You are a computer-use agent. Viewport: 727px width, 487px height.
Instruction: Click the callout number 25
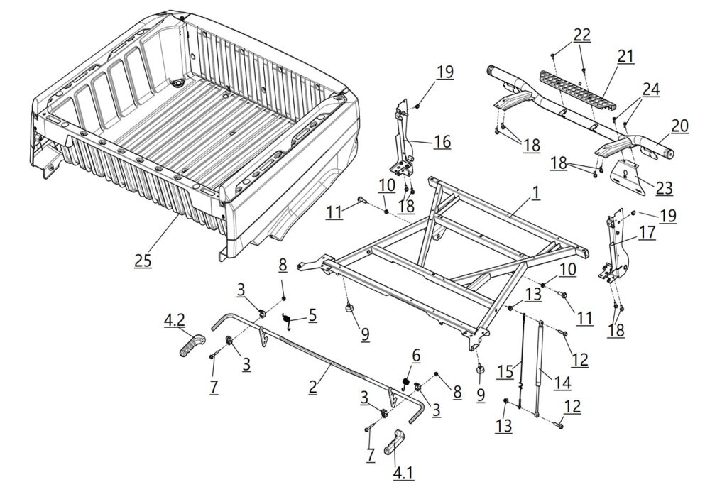coord(143,260)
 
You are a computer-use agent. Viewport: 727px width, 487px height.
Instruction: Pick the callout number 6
coord(416,354)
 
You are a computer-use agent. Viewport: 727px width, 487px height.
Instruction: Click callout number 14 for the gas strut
coord(562,383)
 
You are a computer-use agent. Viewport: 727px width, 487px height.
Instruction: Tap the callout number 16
coord(442,142)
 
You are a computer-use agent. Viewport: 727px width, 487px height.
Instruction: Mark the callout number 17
coord(647,232)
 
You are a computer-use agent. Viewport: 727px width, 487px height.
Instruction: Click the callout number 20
coord(679,126)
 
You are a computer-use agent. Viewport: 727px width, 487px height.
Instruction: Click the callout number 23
coord(664,189)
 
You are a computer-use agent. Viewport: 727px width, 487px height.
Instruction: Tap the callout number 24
coord(650,89)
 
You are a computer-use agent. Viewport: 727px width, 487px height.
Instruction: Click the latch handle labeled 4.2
coord(187,347)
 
